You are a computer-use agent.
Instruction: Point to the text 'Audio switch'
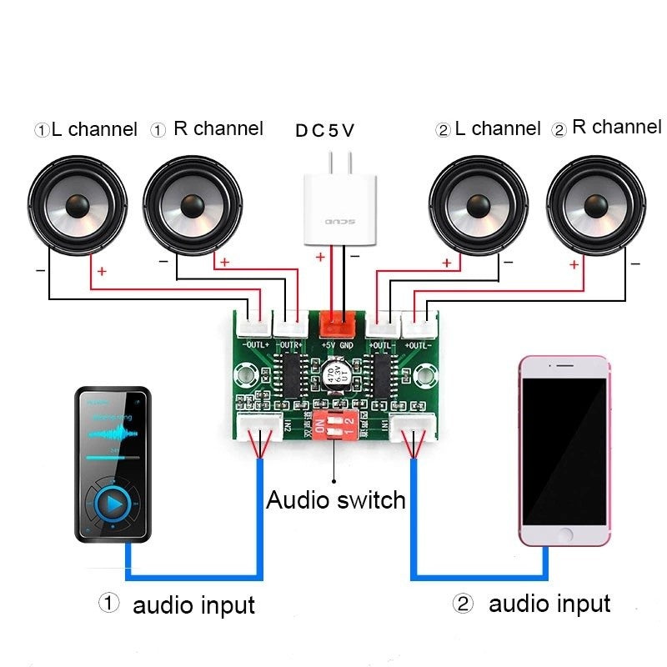(x=335, y=500)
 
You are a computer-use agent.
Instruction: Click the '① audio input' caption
(x=177, y=604)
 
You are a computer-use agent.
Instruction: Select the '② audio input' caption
(x=532, y=604)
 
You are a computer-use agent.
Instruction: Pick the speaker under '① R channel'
(x=193, y=203)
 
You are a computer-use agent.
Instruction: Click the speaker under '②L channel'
(x=479, y=203)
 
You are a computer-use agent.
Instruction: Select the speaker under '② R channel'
(x=597, y=203)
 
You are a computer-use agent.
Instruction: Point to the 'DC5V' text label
(x=325, y=131)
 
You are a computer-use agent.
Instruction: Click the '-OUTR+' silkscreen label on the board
(x=291, y=344)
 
